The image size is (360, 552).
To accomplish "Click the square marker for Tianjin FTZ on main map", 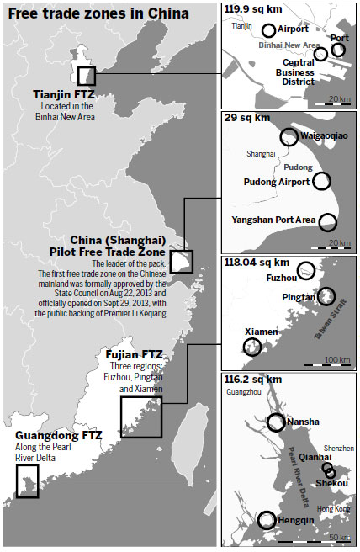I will [86, 76].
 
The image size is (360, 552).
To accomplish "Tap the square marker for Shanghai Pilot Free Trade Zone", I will [181, 260].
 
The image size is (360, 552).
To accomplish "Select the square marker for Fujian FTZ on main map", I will [140, 416].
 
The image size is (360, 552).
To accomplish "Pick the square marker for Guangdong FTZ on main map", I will [27, 481].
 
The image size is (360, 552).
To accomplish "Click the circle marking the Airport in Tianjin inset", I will [268, 30].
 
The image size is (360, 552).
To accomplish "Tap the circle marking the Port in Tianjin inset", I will [338, 50].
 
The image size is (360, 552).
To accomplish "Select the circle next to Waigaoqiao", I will [289, 136].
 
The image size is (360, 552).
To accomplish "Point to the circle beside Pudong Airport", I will [321, 181].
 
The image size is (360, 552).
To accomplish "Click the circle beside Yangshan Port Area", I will [327, 221].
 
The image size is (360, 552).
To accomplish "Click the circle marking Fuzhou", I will [307, 270].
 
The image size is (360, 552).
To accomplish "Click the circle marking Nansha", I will [276, 422].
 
